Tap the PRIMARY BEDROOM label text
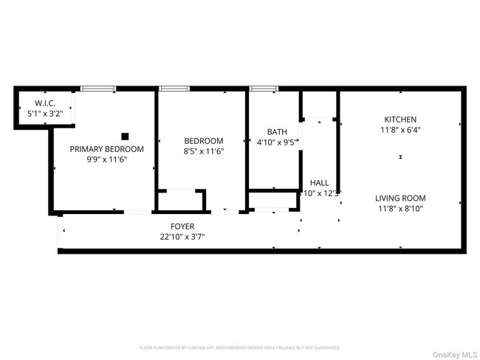[106, 149]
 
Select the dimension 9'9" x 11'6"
[106, 159]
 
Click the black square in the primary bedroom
[125, 136]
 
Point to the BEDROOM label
[203, 141]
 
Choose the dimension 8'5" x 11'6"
[203, 151]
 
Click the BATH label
[267, 132]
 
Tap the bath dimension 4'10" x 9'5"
[275, 142]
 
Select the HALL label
[319, 182]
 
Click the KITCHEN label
[400, 120]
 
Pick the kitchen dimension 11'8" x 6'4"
[400, 130]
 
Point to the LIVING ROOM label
[400, 198]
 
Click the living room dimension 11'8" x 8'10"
[400, 208]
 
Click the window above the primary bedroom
[97, 89]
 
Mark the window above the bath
[263, 89]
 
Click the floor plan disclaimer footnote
[240, 347]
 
